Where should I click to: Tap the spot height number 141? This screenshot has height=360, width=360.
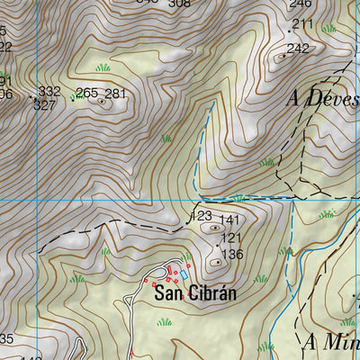pyautogui.click(x=230, y=220)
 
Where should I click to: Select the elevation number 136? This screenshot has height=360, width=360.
pyautogui.click(x=232, y=255)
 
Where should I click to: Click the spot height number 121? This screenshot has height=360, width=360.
pyautogui.click(x=231, y=238)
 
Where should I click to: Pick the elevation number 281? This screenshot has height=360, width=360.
pyautogui.click(x=115, y=94)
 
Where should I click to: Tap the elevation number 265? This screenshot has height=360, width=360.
pyautogui.click(x=86, y=93)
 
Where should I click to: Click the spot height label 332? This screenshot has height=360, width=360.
pyautogui.click(x=49, y=92)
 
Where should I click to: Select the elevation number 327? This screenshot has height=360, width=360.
pyautogui.click(x=44, y=104)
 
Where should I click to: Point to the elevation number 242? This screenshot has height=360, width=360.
pyautogui.click(x=298, y=49)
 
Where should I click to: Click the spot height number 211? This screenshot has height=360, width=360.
pyautogui.click(x=302, y=24)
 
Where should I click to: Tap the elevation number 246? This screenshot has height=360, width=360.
pyautogui.click(x=300, y=4)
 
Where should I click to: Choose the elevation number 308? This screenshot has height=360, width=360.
pyautogui.click(x=180, y=3)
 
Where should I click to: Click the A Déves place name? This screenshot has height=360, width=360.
pyautogui.click(x=321, y=97)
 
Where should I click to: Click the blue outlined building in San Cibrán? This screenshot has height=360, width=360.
pyautogui.click(x=184, y=274)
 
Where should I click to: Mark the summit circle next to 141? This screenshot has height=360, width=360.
pyautogui.click(x=214, y=229)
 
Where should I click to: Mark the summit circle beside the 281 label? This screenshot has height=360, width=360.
pyautogui.click(x=102, y=102)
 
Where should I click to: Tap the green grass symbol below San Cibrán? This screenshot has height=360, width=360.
pyautogui.click(x=164, y=321)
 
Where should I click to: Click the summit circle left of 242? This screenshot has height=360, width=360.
pyautogui.click(x=283, y=56)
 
